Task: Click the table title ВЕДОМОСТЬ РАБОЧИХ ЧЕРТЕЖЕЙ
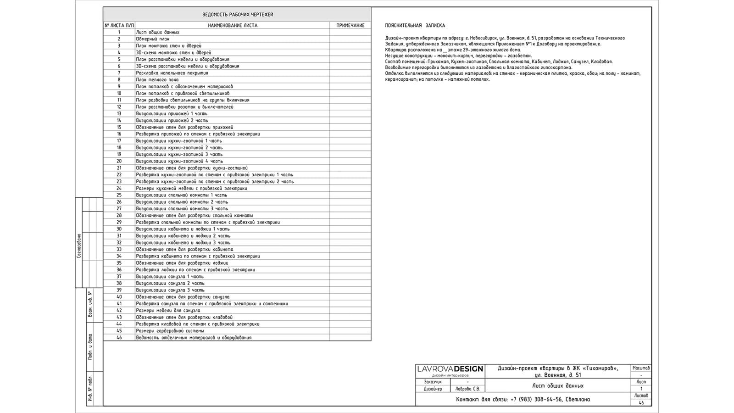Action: pos(237,15)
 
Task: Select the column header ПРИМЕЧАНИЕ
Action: pos(350,26)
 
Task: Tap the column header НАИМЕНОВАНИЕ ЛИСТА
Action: pos(233,26)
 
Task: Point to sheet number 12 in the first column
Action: pos(119,107)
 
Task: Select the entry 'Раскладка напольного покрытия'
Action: pos(172,73)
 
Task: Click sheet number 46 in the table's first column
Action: pos(119,338)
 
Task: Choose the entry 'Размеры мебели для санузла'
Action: pos(168,311)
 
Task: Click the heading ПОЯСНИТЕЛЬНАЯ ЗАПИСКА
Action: pos(415,26)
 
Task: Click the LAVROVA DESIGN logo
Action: pos(450,369)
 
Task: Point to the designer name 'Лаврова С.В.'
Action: pos(467,389)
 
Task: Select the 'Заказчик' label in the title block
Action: pos(433,382)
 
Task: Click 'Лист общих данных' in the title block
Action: pos(558,385)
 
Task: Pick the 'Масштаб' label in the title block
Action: pos(641,368)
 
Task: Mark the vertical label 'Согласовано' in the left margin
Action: pos(79,246)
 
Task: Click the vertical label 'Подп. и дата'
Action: pos(90,346)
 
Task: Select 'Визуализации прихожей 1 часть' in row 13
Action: pos(172,114)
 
